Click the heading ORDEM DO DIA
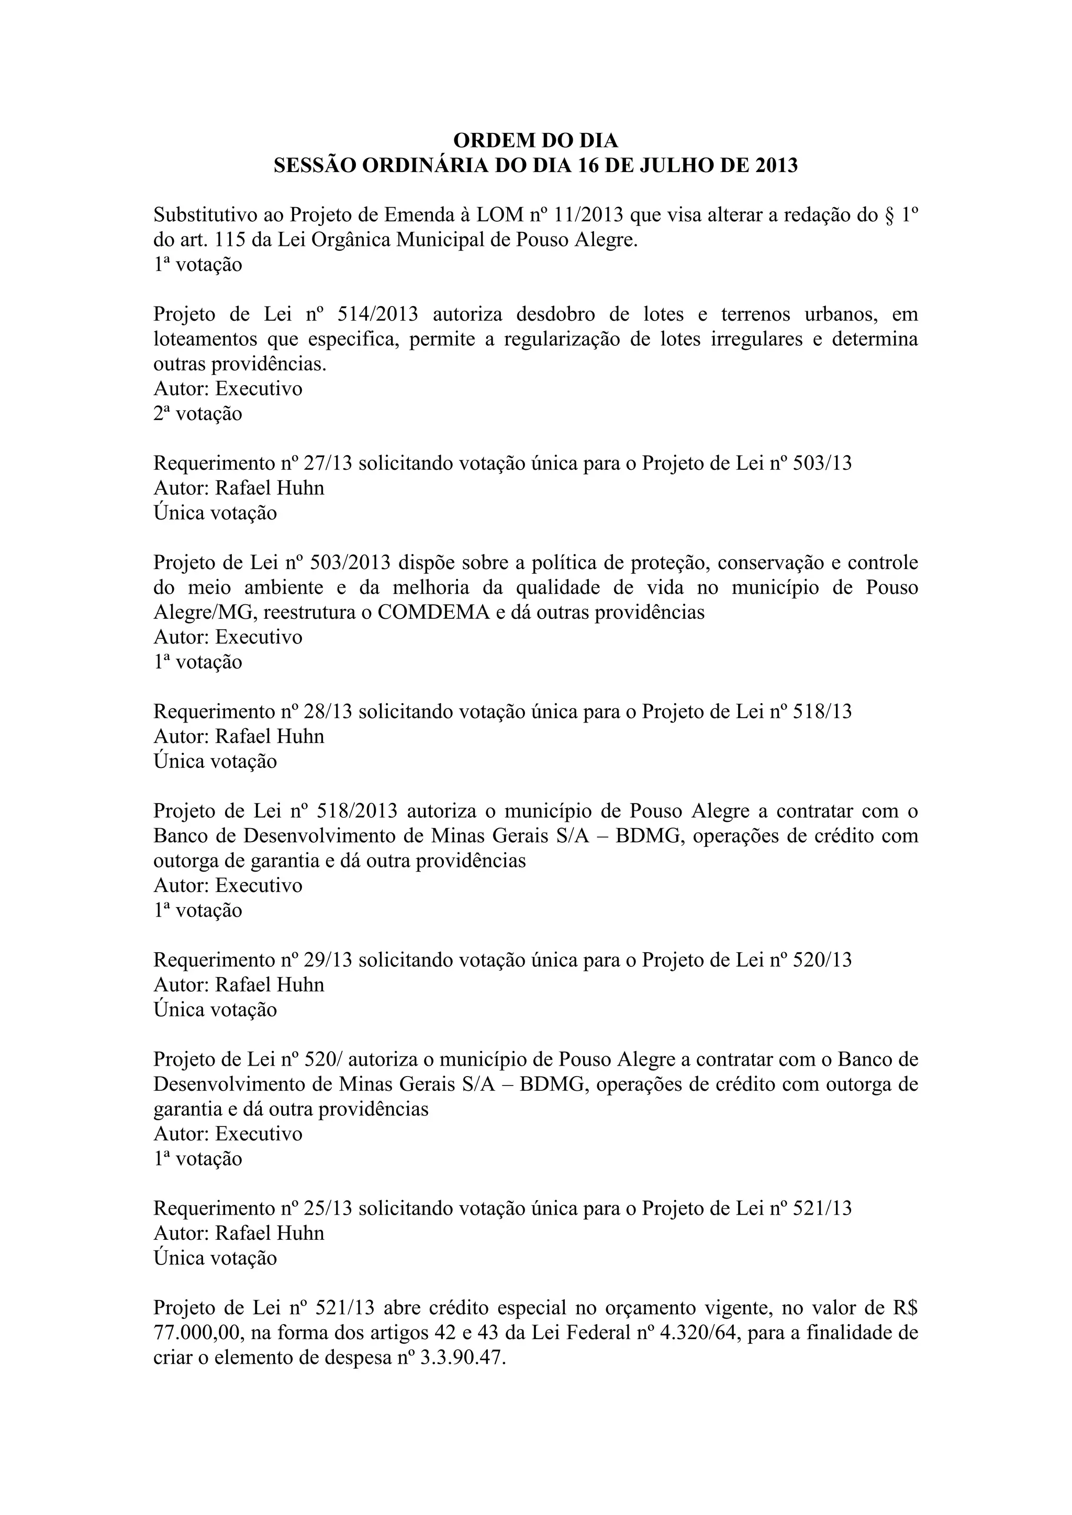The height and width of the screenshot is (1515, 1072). point(535,141)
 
